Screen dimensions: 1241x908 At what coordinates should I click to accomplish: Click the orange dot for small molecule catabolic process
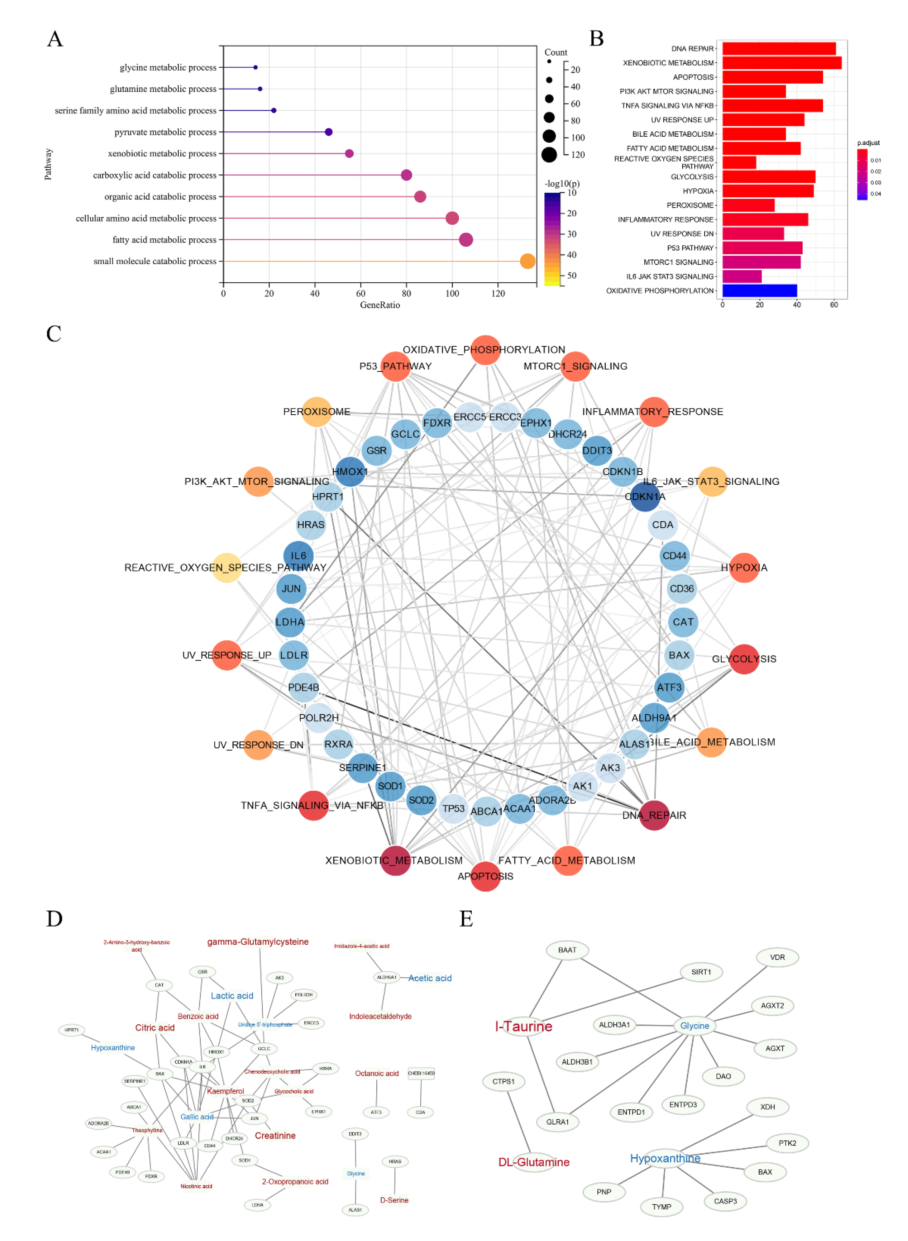(527, 261)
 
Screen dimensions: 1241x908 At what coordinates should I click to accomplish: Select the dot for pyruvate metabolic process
(329, 132)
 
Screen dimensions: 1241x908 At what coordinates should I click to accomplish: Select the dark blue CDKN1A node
(645, 497)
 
